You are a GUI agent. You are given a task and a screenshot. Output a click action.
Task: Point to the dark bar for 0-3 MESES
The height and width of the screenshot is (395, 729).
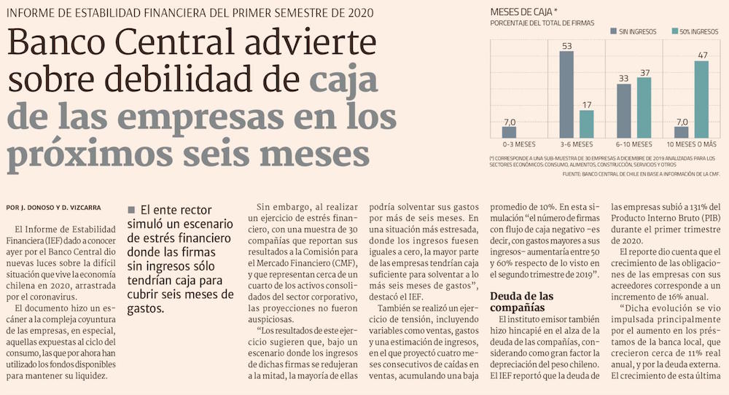pos(509,132)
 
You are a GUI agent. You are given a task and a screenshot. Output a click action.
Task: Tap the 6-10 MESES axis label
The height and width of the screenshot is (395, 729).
pos(633,144)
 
